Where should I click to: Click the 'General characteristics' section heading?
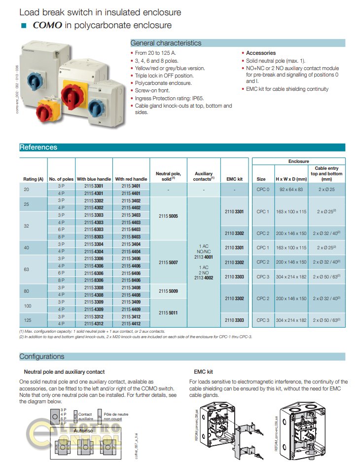tap(166, 43)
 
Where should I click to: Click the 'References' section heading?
tap(38, 147)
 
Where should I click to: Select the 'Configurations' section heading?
tap(42, 356)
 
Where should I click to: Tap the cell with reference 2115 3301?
tap(94, 186)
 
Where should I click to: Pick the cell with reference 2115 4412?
tap(131, 324)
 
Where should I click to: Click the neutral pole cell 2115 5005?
tap(168, 216)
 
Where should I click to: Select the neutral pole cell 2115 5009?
tap(168, 291)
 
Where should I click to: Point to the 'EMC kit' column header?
tap(234, 179)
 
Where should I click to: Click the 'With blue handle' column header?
tap(94, 179)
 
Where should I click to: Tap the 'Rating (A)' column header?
tap(34, 179)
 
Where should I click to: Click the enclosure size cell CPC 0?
tap(263, 190)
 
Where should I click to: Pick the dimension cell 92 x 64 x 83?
tap(291, 190)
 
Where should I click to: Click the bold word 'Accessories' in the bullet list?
tap(261, 53)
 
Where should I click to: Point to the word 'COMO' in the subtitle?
tap(48, 25)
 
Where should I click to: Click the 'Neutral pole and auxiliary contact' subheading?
tap(64, 372)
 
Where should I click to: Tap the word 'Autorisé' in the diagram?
tap(83, 430)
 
